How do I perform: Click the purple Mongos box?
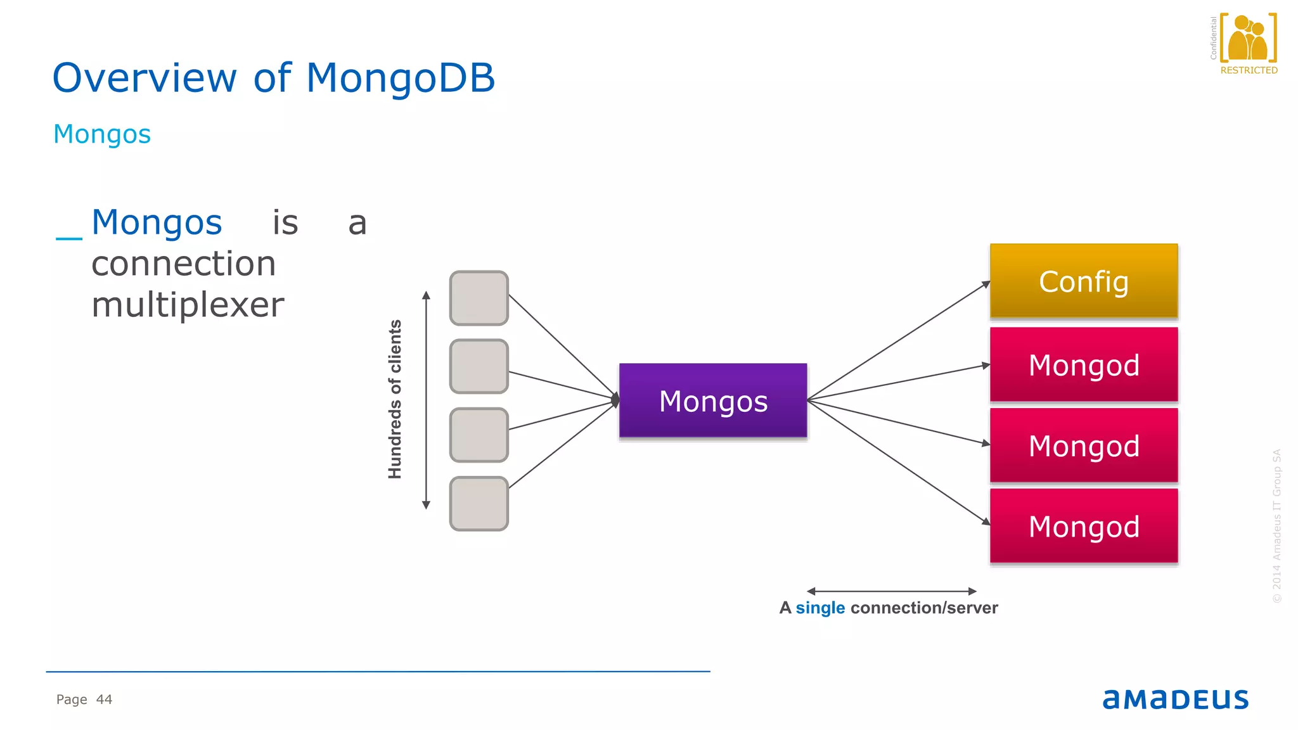713,400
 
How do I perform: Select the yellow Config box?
1084,281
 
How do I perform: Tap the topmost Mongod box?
1084,365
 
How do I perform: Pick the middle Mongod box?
1084,445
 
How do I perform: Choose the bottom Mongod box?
1084,526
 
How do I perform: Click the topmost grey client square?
479,298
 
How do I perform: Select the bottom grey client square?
479,504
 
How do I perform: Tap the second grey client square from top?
479,366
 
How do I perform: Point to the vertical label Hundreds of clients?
395,399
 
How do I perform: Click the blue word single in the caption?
820,608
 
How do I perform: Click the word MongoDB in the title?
400,78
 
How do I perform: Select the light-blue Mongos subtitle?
102,134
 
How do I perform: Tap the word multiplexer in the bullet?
188,305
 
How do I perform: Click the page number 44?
104,700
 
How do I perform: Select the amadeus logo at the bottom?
1175,699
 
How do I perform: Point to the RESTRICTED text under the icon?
1249,70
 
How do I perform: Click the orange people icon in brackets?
1248,38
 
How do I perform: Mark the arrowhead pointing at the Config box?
986,285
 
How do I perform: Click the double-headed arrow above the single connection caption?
891,591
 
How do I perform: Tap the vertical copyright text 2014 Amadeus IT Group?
1276,526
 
